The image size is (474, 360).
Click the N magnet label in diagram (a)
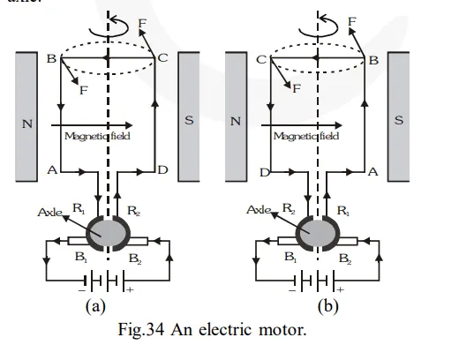pyautogui.click(x=27, y=123)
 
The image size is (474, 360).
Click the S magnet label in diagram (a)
pyautogui.click(x=188, y=120)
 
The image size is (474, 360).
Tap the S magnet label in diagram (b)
pyautogui.click(x=398, y=120)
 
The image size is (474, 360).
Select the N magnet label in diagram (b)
pyautogui.click(x=236, y=123)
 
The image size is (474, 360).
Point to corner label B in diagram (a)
pyautogui.click(x=50, y=59)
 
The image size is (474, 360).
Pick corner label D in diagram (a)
pyautogui.click(x=162, y=169)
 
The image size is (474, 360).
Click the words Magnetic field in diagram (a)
pyautogui.click(x=97, y=137)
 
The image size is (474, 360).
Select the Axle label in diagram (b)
pyautogui.click(x=260, y=212)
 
